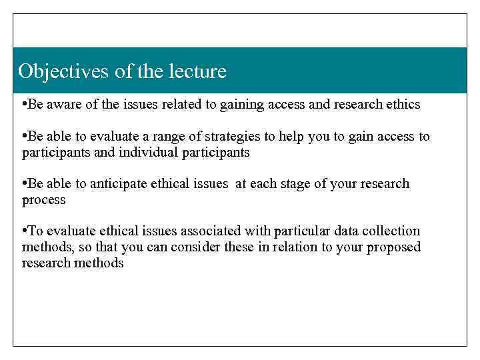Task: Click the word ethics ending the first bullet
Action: [x=402, y=104]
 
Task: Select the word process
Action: [x=43, y=200]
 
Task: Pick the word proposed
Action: [x=396, y=247]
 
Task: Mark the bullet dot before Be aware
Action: [x=24, y=104]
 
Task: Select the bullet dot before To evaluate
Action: [x=24, y=231]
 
